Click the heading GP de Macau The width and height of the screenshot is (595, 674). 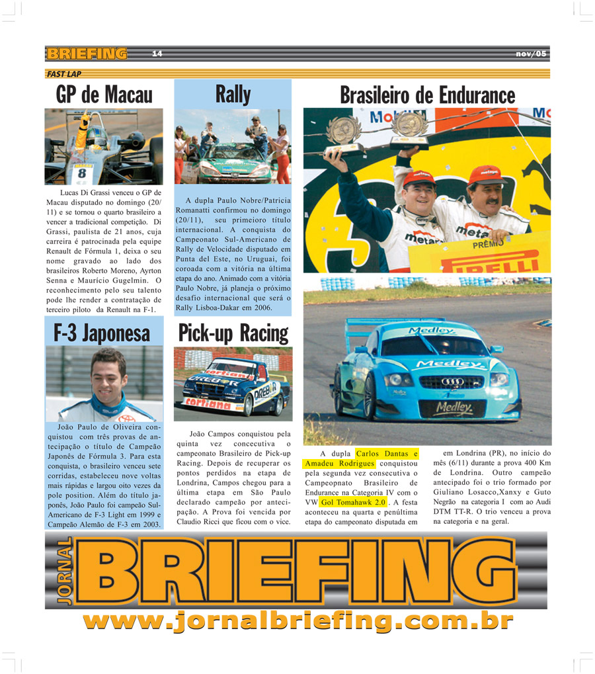tap(104, 95)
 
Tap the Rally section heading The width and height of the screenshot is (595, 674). tap(233, 94)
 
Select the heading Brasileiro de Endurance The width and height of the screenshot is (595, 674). tap(427, 95)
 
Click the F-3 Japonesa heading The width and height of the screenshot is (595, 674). tap(102, 333)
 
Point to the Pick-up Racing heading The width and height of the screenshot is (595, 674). tap(233, 333)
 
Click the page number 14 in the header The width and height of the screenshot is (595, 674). tap(157, 54)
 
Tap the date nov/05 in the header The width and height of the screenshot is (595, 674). tap(531, 54)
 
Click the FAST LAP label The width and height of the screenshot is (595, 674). tap(64, 74)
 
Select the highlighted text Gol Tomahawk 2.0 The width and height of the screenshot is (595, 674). tap(353, 503)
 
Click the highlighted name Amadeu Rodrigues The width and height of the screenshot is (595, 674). tap(338, 464)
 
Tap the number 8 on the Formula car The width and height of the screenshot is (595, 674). tap(81, 173)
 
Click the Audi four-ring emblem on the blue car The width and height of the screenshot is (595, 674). tap(452, 382)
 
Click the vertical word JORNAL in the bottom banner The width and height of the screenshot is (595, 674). tap(64, 571)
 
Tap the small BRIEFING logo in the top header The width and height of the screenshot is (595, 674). tap(87, 54)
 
